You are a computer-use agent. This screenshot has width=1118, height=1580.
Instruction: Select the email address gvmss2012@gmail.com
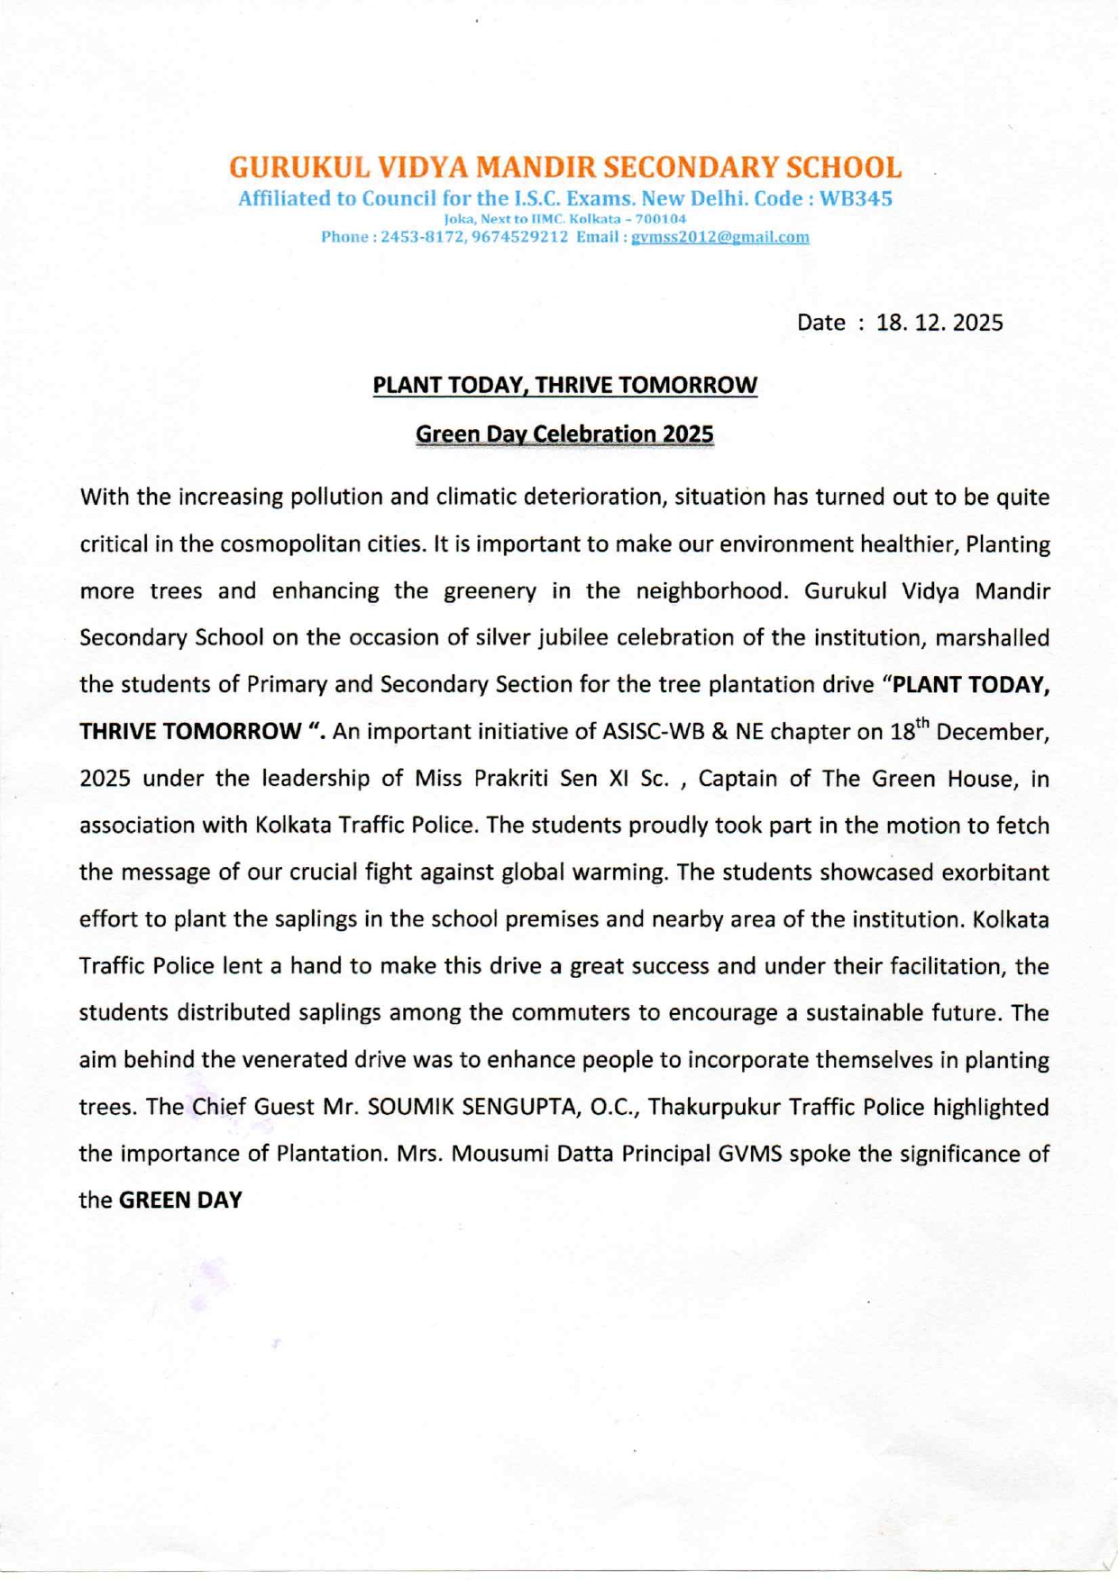tap(719, 237)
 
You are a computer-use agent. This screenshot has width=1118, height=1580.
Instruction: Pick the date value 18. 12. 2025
tap(939, 323)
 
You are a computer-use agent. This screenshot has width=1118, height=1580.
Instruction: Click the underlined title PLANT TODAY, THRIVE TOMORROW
tap(565, 386)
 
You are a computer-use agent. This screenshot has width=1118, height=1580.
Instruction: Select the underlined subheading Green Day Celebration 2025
tap(564, 434)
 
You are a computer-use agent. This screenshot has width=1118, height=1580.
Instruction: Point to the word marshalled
tap(992, 638)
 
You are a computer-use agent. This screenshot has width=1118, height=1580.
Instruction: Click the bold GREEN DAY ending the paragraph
tap(180, 1201)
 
